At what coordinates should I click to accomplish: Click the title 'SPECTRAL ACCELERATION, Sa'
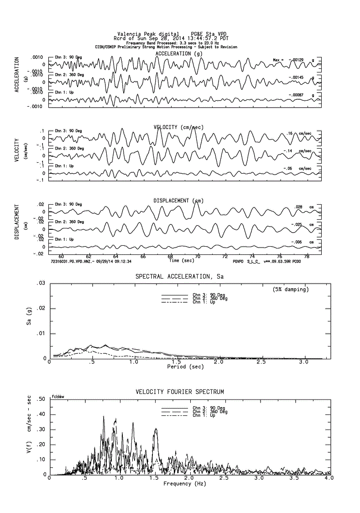[180, 276]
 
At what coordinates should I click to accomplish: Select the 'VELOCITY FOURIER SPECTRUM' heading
[180, 392]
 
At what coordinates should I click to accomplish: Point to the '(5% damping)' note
[291, 289]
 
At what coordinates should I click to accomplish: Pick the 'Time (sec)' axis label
[181, 261]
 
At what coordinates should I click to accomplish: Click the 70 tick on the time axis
[198, 256]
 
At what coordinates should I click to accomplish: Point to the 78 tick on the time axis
[307, 256]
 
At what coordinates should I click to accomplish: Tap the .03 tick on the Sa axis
[41, 284]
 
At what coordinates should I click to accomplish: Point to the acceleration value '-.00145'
[297, 78]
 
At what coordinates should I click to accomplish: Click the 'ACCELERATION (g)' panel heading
[179, 54]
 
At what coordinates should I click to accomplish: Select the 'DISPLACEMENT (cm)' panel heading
[178, 201]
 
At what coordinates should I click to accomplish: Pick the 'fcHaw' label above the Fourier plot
[57, 397]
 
